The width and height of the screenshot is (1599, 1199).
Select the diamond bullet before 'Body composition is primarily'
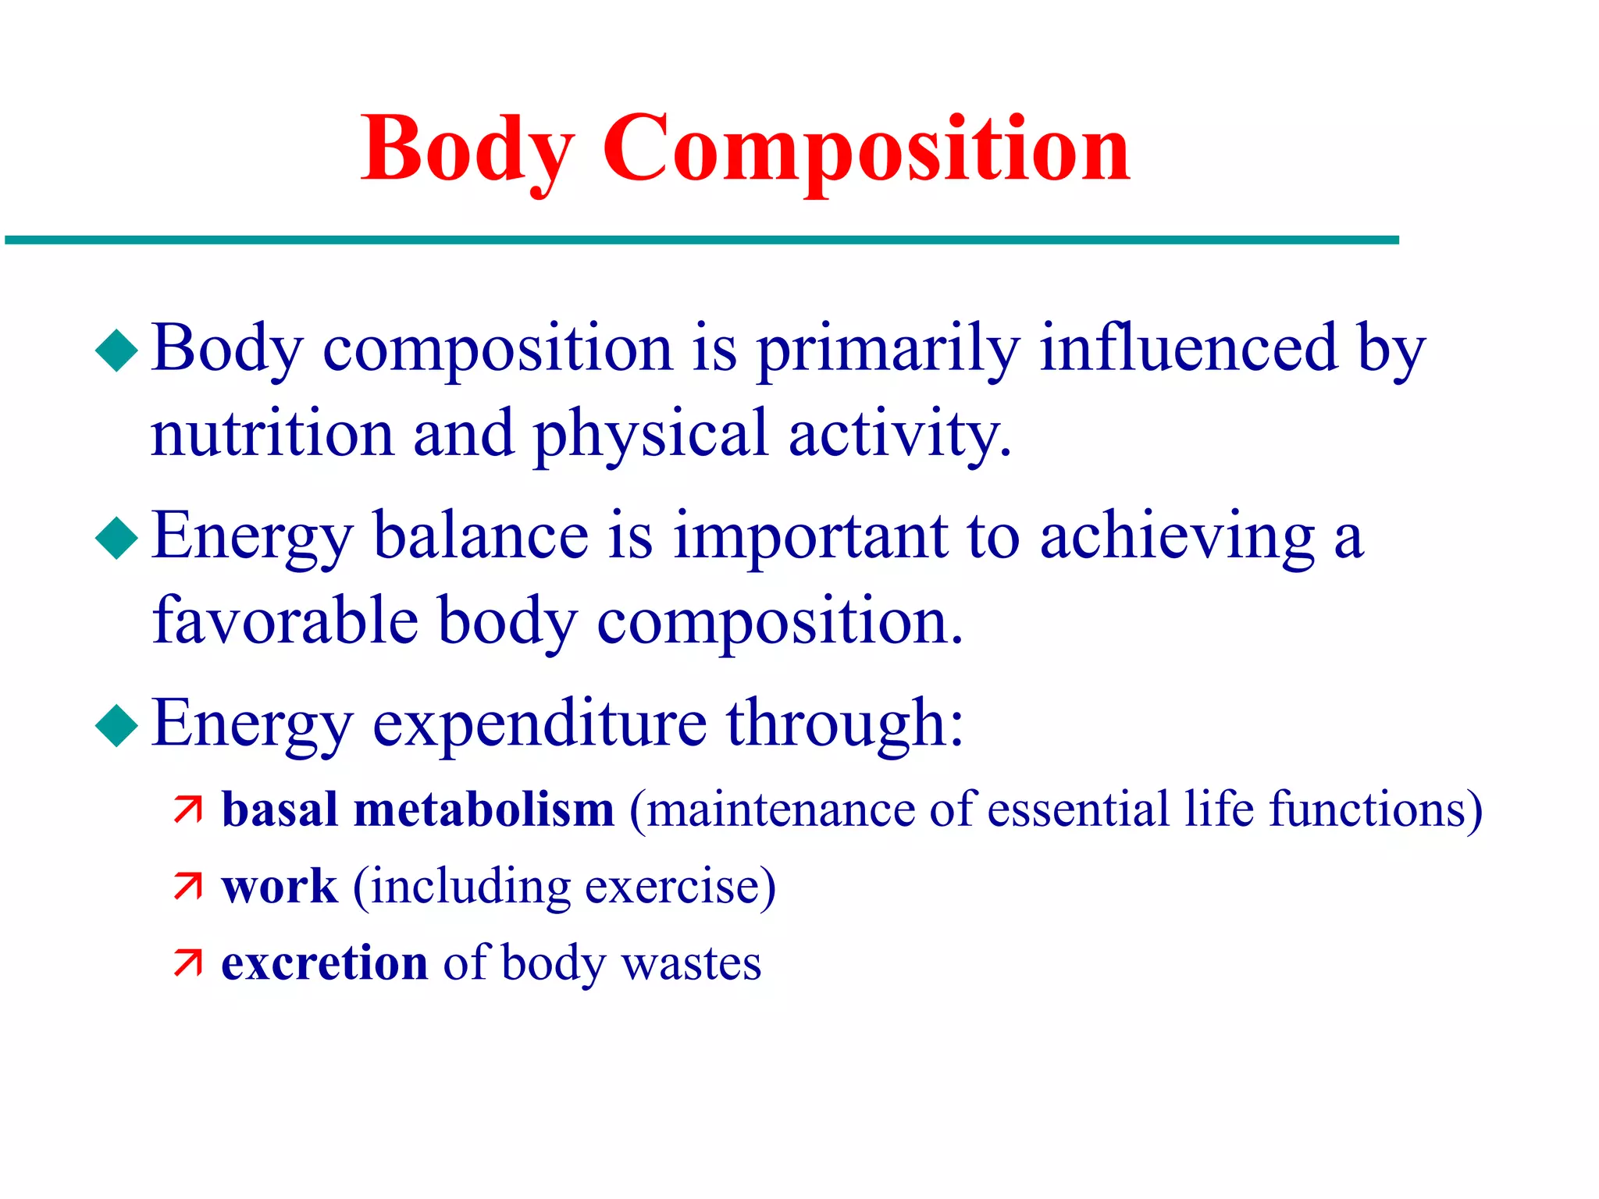[116, 350]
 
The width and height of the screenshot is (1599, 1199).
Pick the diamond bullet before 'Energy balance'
[116, 538]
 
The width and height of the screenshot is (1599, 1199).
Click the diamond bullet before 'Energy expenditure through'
[116, 726]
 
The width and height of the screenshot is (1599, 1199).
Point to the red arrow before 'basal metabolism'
[188, 810]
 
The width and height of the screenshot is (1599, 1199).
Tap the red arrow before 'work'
[188, 887]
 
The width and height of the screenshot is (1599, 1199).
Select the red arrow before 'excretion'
[188, 963]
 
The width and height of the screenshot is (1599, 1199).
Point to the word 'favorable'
[285, 621]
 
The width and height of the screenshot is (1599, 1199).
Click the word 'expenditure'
[540, 724]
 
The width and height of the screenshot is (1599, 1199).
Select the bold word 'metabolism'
[484, 809]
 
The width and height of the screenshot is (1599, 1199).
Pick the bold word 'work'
[280, 887]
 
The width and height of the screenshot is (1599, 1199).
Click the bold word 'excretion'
[324, 963]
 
